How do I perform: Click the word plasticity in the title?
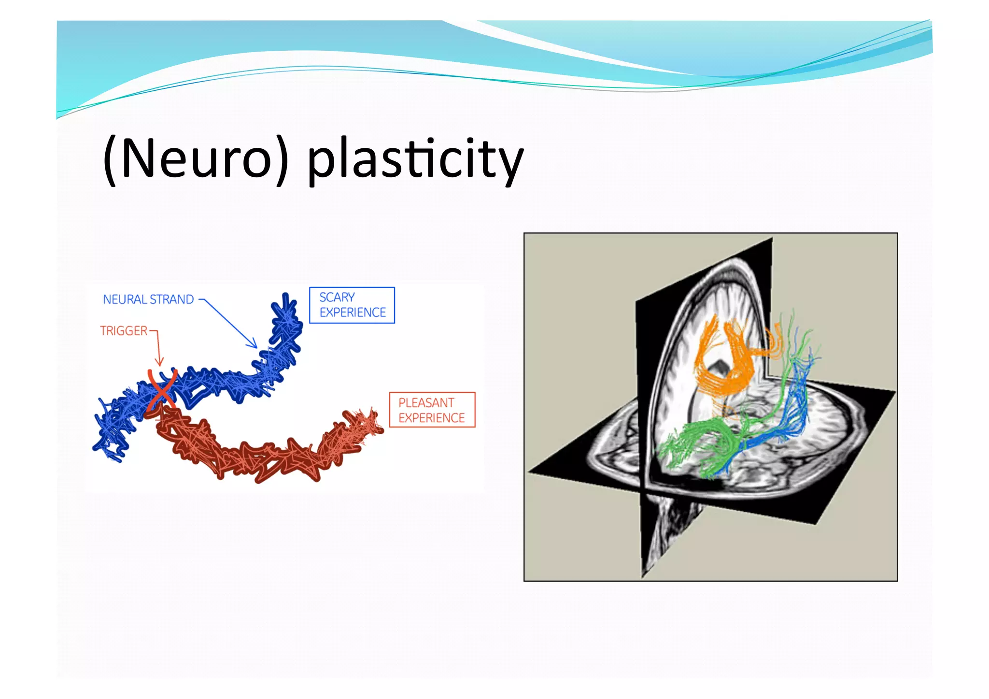click(415, 159)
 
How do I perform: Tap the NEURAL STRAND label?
click(148, 300)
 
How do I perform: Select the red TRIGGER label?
click(124, 331)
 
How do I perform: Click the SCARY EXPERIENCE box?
click(352, 305)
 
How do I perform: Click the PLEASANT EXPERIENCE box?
click(432, 410)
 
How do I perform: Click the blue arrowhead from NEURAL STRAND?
click(254, 344)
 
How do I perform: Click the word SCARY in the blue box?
click(337, 297)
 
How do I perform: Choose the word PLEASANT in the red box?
click(426, 402)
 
